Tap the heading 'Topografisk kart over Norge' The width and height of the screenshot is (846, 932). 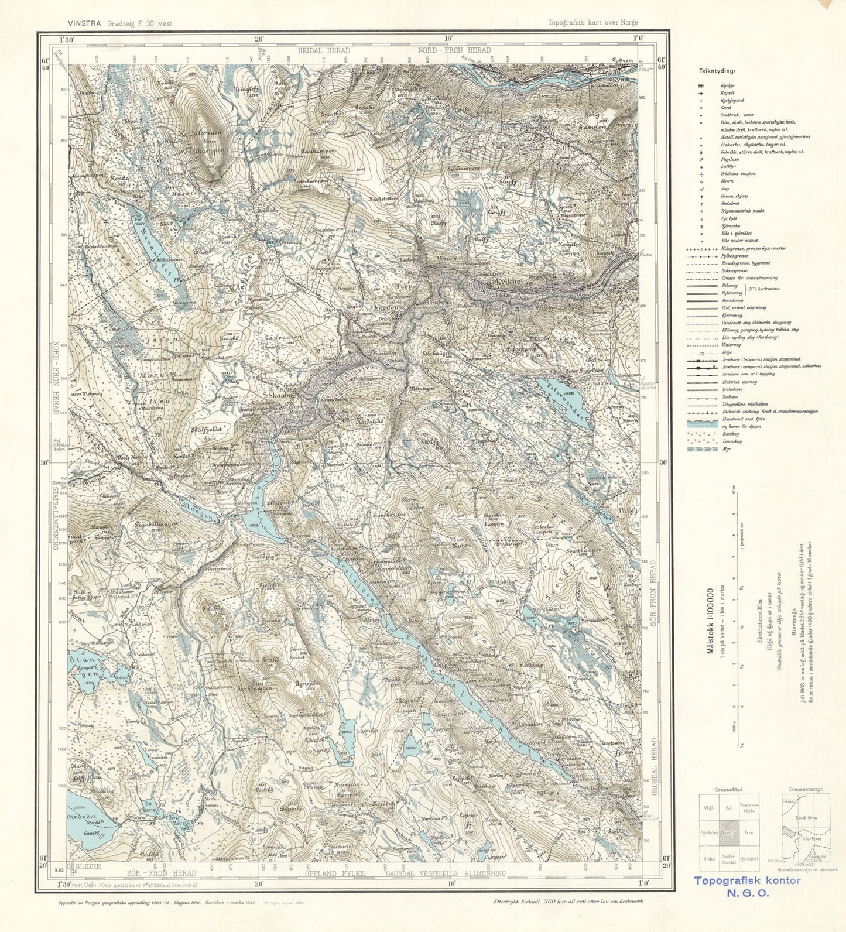(x=592, y=23)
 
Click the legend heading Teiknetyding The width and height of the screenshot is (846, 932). (x=717, y=71)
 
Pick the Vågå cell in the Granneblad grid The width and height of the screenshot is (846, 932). (x=710, y=807)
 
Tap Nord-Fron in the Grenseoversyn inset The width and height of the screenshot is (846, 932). (x=805, y=818)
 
